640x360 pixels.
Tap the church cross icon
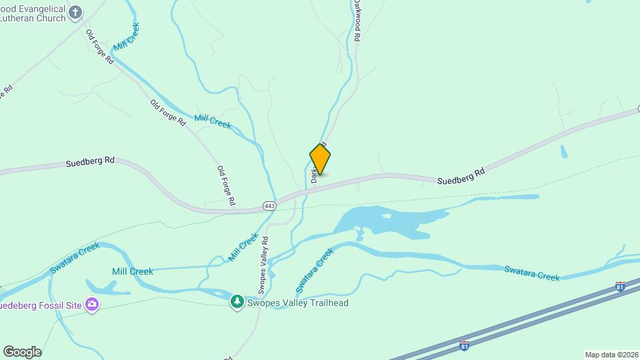(x=76, y=12)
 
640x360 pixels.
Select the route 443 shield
(x=269, y=206)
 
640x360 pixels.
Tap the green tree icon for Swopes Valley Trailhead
(x=237, y=303)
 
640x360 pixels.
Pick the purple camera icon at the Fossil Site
(x=92, y=305)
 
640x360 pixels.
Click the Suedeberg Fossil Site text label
(x=40, y=305)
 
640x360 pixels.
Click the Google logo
(x=22, y=352)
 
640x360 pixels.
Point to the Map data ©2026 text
(x=611, y=355)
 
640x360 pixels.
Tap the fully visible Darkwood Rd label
(x=357, y=21)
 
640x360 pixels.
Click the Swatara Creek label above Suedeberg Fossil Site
(x=75, y=259)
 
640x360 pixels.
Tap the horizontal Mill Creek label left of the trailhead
(x=133, y=271)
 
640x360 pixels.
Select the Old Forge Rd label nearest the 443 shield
(x=226, y=185)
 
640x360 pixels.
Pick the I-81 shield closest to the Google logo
(x=465, y=345)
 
